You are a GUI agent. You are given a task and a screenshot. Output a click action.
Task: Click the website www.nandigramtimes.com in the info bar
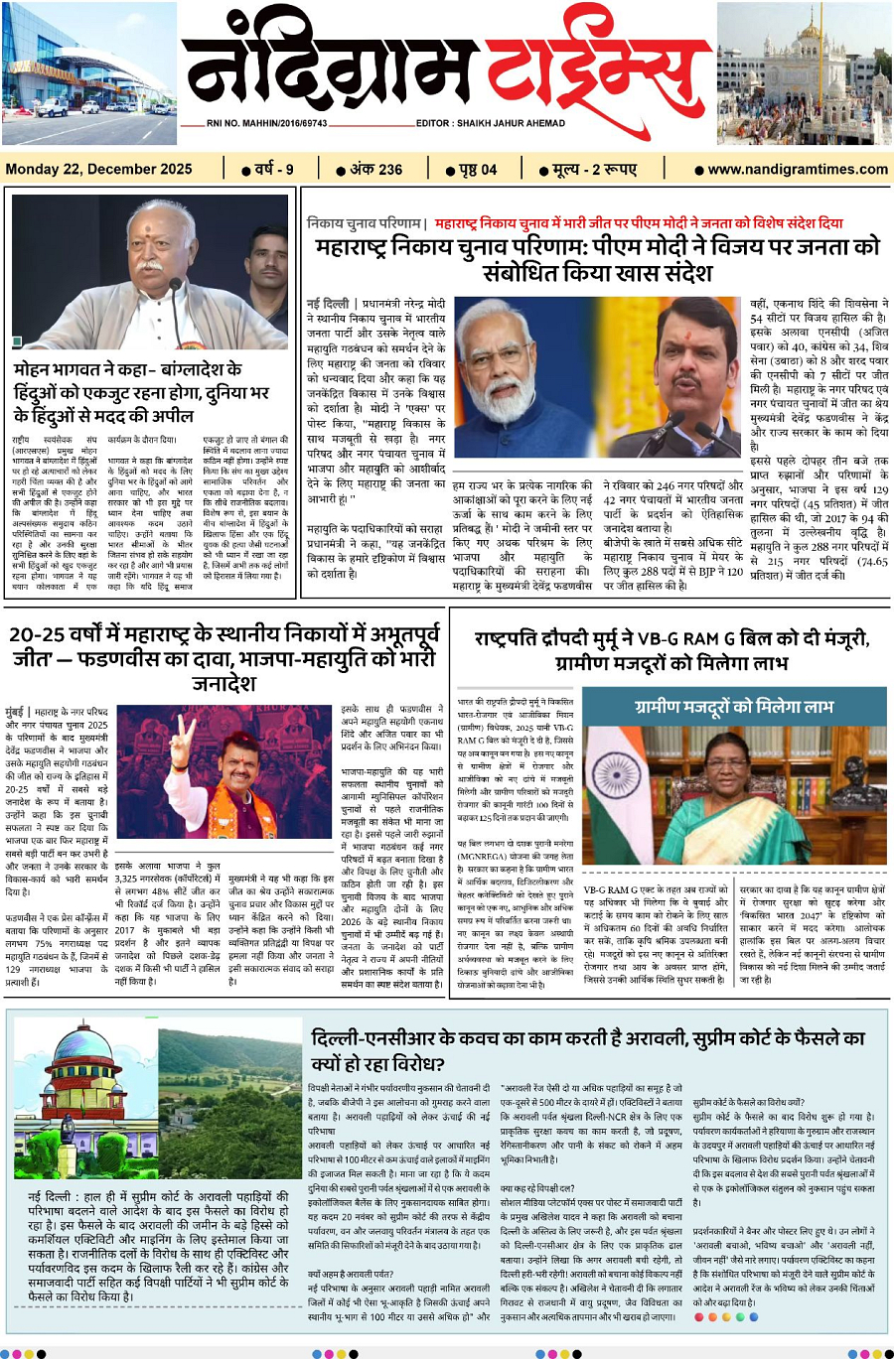pos(797,169)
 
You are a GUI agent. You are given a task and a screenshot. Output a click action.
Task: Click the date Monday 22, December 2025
pos(98,169)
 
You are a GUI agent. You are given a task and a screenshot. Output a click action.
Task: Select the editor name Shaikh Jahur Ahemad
pos(491,124)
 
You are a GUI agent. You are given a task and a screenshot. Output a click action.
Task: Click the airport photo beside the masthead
pos(88,73)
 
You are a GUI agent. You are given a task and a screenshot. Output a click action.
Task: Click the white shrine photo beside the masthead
pos(804,73)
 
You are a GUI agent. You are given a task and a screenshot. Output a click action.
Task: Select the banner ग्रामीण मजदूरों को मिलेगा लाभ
pos(733,706)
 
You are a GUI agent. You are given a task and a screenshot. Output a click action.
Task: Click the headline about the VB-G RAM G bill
pos(670,650)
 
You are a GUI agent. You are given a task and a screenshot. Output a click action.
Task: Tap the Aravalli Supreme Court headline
pos(586,1050)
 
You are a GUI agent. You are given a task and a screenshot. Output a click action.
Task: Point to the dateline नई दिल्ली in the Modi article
pos(328,303)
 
